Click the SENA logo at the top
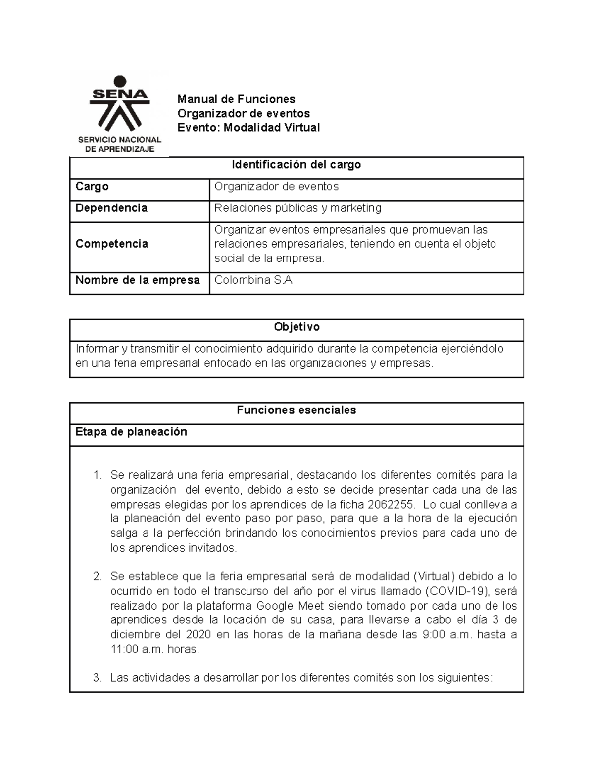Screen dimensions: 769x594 [119, 106]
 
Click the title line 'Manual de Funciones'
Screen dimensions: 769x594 [237, 99]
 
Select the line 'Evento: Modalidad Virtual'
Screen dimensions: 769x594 [248, 128]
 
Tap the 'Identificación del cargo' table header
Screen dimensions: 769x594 [297, 165]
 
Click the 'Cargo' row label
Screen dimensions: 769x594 [92, 187]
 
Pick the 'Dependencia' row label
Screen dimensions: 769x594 [111, 208]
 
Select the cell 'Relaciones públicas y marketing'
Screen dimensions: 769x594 [297, 208]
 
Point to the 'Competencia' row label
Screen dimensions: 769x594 [112, 244]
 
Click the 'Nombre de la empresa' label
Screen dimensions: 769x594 [138, 280]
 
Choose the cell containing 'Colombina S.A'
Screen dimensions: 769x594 [253, 280]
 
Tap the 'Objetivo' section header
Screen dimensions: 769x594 [297, 327]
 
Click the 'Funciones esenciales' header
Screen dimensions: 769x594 [297, 410]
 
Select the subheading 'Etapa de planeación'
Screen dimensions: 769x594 [131, 432]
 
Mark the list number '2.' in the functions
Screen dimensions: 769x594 [98, 577]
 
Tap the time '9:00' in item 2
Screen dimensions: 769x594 [434, 635]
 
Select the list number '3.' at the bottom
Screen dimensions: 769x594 [98, 678]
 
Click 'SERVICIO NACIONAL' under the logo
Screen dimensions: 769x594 [119, 140]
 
